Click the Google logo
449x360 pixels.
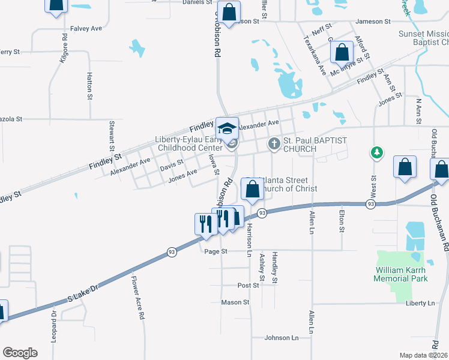point(20,353)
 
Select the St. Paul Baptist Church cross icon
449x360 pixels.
point(274,143)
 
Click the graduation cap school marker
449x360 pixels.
point(228,128)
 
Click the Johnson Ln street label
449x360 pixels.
point(282,338)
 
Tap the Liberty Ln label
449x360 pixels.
point(420,304)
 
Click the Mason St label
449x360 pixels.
point(235,302)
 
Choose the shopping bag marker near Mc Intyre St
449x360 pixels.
point(342,52)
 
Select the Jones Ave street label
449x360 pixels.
point(183,175)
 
